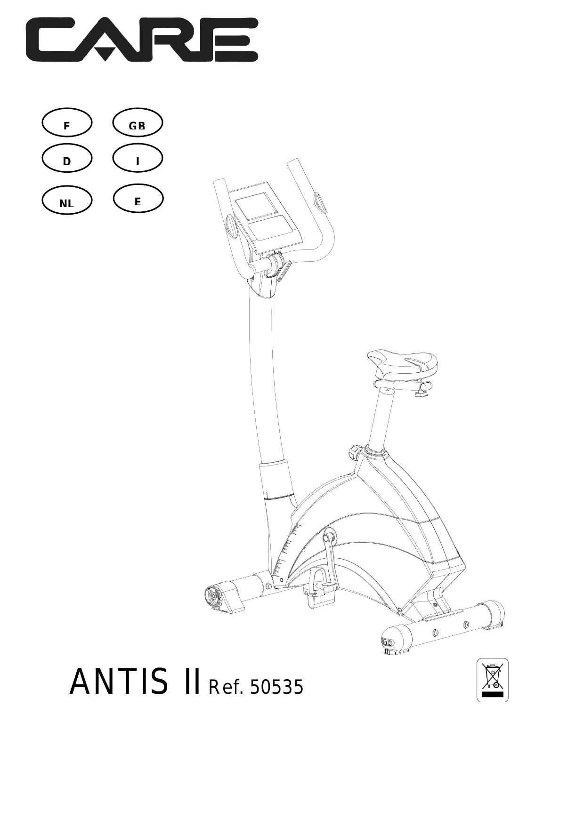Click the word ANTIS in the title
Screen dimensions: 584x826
[118, 682]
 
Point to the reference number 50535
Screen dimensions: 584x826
[276, 688]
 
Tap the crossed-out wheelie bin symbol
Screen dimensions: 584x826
[493, 680]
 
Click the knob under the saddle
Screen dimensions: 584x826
[423, 390]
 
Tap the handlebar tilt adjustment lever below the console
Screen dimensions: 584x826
[284, 271]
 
